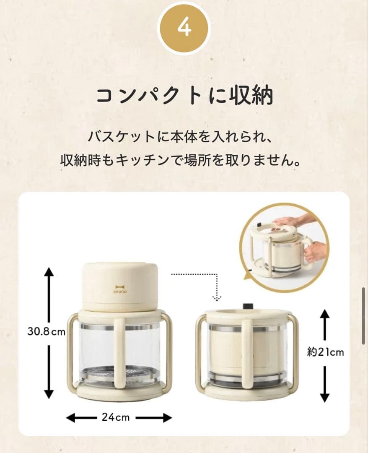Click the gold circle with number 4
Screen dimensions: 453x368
point(184,28)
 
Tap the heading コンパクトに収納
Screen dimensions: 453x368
point(184,95)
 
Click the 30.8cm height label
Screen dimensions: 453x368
point(47,332)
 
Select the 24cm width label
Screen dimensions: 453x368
point(115,417)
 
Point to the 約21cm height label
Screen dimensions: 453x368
point(325,352)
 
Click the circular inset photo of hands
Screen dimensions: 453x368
point(284,251)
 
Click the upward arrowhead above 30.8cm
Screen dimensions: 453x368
point(49,272)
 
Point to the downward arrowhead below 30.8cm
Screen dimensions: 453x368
point(49,393)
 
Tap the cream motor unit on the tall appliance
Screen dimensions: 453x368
point(120,285)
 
